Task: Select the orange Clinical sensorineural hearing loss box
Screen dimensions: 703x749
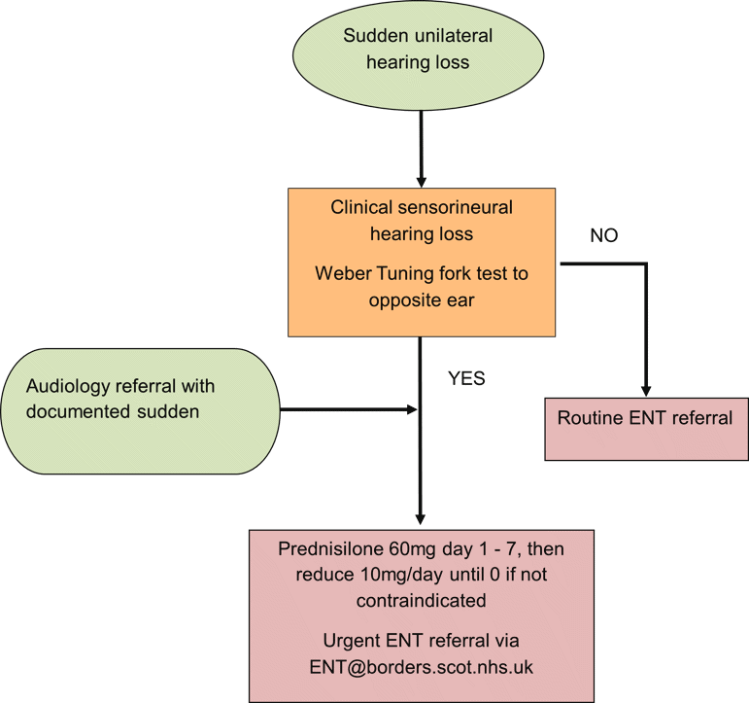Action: click(x=421, y=262)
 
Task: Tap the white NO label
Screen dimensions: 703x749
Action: click(x=603, y=234)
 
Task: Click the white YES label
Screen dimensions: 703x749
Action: click(x=466, y=377)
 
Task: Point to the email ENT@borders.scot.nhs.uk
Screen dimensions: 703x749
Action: click(x=421, y=668)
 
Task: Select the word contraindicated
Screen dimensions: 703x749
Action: click(x=421, y=600)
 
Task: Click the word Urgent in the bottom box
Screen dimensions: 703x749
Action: click(x=352, y=642)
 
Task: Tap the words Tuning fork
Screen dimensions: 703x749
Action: click(x=426, y=273)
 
